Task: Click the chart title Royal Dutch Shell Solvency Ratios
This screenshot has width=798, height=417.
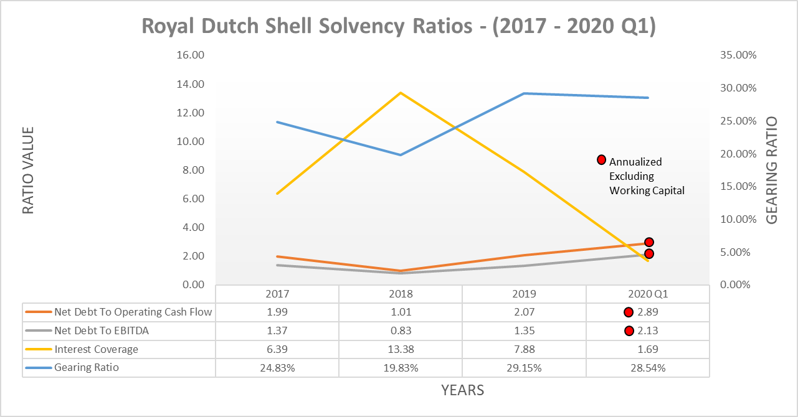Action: [399, 27]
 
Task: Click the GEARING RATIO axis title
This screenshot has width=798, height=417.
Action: [772, 170]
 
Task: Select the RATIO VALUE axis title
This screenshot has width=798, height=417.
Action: [28, 170]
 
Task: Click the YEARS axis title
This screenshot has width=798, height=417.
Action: [462, 391]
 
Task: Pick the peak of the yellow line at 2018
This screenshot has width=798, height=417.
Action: [401, 93]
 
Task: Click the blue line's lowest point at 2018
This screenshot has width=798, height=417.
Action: [401, 154]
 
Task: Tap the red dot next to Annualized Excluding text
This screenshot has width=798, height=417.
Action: [602, 160]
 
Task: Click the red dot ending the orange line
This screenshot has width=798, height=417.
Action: [648, 242]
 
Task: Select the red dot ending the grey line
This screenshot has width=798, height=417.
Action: [648, 253]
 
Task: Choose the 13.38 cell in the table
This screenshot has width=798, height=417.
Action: [401, 349]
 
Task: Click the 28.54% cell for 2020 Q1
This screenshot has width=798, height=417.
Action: [648, 368]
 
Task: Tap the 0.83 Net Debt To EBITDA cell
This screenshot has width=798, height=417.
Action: [401, 330]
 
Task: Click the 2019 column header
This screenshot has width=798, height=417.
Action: [524, 294]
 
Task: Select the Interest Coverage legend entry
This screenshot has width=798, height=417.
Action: [96, 349]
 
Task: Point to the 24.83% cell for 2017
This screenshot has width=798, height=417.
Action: [277, 368]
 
